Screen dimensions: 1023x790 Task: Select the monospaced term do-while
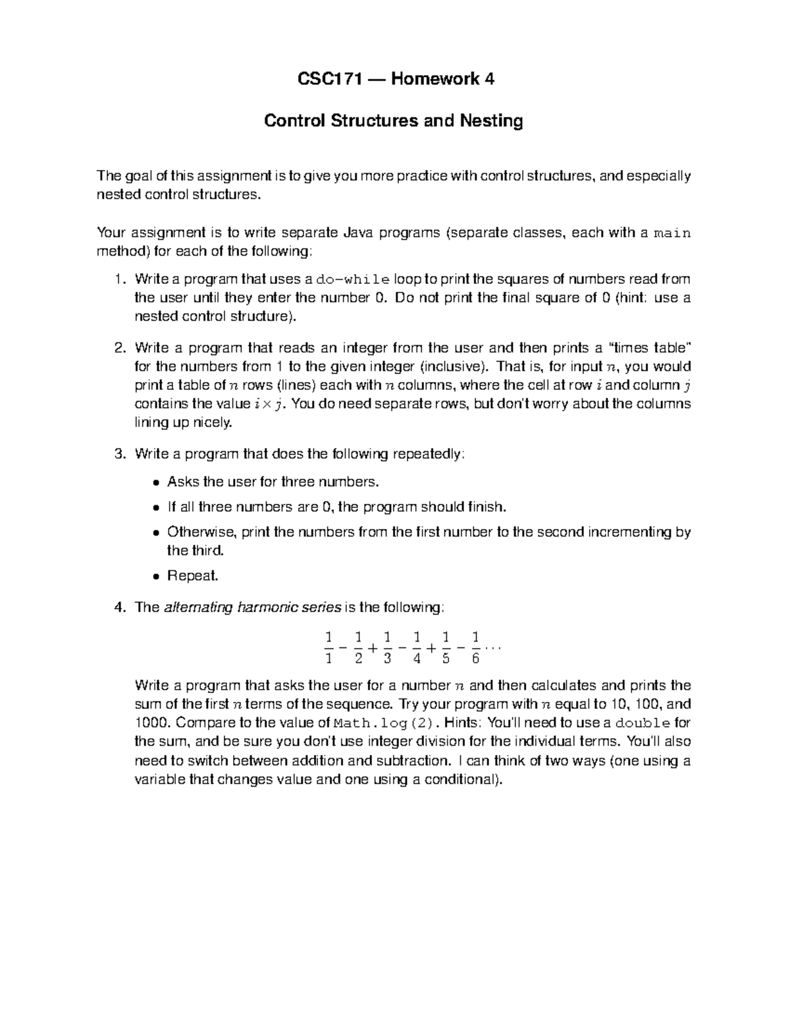353,279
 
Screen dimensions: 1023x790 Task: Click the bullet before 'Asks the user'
155,482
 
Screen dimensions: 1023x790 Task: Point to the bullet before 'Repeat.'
155,576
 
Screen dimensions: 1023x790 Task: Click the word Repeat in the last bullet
191,576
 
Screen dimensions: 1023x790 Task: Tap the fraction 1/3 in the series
386,648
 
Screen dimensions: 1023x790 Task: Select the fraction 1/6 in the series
475,648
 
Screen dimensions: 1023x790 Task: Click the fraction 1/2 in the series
357,648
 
